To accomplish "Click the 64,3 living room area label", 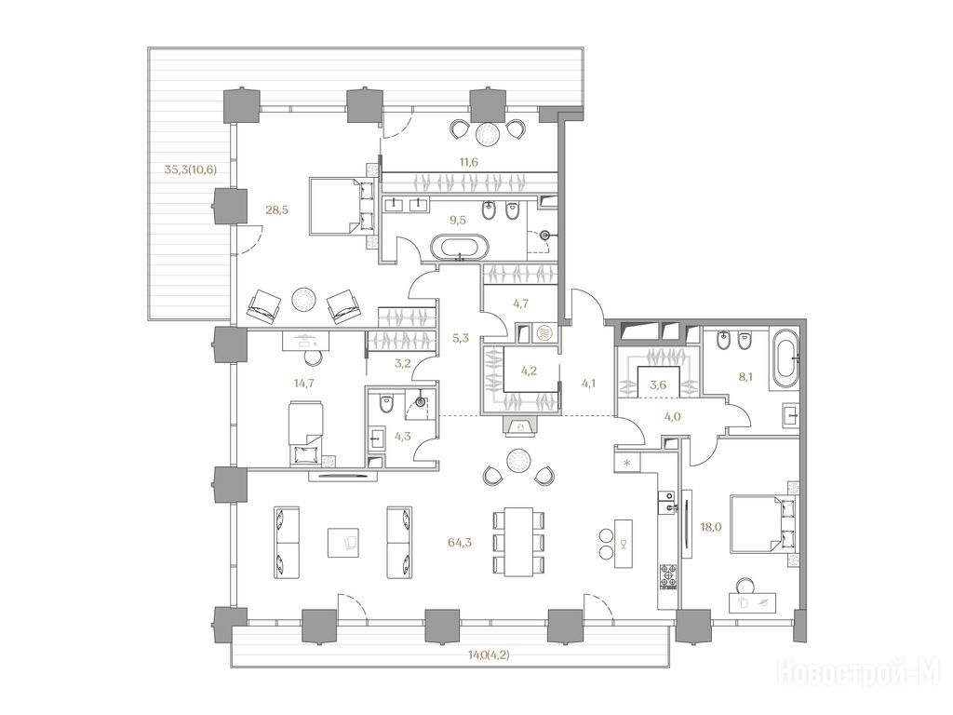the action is click(460, 543).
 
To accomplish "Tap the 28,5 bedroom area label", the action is click(277, 210).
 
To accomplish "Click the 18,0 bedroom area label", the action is click(710, 527).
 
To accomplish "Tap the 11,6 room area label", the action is click(468, 162).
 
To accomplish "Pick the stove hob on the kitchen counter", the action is click(668, 577).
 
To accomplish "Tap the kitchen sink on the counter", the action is click(667, 505).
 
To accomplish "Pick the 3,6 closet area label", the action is click(658, 384).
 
